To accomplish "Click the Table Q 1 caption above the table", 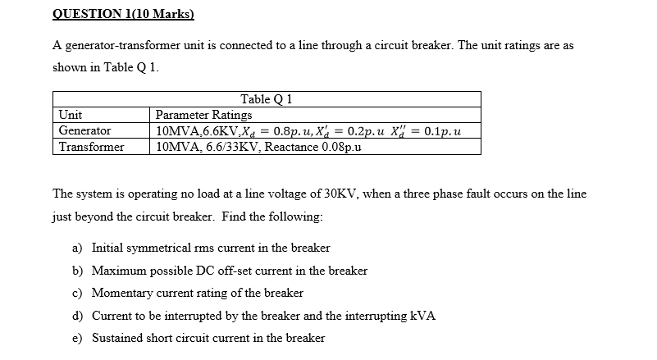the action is [267, 99].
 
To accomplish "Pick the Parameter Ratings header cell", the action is [203, 115].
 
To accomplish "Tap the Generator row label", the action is [84, 130].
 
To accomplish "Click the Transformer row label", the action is [91, 147].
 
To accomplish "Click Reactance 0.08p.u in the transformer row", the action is [320, 147].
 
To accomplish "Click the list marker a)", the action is [78, 248].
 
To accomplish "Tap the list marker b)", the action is [78, 270].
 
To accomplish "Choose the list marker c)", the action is [78, 293].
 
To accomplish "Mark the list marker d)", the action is [78, 316].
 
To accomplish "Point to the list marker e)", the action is [78, 338].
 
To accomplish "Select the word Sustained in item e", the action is [118, 338].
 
